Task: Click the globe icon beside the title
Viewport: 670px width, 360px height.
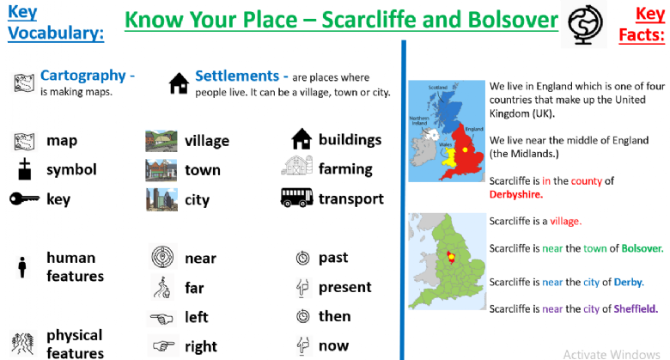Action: (585, 23)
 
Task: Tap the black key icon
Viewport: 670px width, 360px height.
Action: (24, 198)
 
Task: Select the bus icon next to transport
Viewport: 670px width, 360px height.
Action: (296, 198)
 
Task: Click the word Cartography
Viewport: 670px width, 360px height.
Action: (83, 76)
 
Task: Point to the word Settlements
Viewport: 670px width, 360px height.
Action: (237, 76)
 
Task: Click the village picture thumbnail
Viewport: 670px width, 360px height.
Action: (161, 141)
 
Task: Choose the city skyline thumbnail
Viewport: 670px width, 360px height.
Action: (161, 199)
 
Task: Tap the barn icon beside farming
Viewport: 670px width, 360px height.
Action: (296, 166)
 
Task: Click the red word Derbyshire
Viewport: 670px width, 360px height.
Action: (515, 194)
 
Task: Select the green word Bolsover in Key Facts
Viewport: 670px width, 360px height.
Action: (643, 248)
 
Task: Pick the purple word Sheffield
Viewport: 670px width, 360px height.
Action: (636, 308)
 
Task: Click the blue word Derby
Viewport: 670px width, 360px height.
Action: (629, 282)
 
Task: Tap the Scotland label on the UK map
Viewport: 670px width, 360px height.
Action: (437, 88)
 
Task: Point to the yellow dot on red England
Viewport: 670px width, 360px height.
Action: (465, 149)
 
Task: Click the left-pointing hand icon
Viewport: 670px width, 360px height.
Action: (161, 319)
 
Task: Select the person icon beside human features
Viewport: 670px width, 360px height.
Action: (22, 267)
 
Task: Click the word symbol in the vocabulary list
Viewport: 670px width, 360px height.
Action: (71, 170)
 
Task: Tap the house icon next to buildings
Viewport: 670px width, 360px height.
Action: (301, 139)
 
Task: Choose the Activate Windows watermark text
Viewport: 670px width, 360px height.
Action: (612, 355)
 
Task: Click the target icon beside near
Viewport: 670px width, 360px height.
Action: (162, 257)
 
